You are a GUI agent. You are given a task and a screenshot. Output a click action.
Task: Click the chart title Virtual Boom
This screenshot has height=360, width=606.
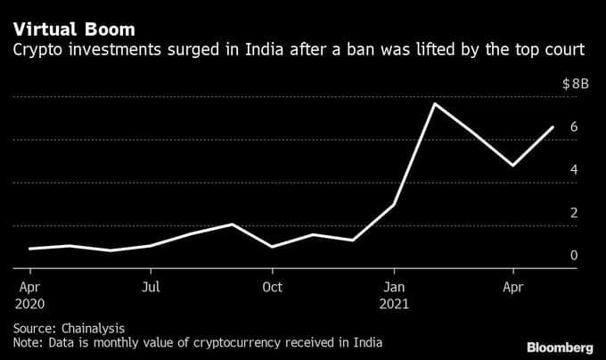[x=74, y=29]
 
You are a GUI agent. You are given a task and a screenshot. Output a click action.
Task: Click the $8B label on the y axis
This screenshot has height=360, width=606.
[x=576, y=84]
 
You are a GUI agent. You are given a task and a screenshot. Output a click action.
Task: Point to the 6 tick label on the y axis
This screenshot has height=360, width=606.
[x=574, y=127]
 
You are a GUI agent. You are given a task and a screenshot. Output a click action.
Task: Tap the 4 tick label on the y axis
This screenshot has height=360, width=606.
[x=574, y=169]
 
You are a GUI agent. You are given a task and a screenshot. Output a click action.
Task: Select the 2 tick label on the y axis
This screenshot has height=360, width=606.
[x=574, y=212]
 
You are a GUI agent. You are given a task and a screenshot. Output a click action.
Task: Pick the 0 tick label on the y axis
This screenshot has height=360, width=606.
[x=574, y=256]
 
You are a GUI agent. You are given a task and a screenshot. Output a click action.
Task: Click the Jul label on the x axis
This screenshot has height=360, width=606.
[x=151, y=287]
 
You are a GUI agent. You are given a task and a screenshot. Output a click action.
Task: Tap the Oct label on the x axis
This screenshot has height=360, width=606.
[x=272, y=287]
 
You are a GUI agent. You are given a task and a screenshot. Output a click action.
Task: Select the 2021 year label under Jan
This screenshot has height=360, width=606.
[x=394, y=304]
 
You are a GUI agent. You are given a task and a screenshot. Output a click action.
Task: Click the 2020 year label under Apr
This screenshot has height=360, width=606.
[x=29, y=304]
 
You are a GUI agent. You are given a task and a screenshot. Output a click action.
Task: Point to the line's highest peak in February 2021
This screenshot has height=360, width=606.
[x=434, y=103]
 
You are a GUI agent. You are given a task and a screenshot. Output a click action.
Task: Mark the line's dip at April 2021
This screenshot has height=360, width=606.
[x=512, y=166]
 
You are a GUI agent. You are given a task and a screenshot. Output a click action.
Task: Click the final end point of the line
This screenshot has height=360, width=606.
[x=553, y=127]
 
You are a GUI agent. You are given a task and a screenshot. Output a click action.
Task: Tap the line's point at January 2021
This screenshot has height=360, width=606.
[x=394, y=204]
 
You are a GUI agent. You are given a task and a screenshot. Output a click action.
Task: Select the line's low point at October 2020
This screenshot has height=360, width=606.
[x=272, y=247]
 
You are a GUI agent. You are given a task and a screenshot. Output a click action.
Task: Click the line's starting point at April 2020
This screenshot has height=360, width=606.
[x=29, y=249]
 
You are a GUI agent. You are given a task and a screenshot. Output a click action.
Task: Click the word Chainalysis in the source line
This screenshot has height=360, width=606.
[x=93, y=329]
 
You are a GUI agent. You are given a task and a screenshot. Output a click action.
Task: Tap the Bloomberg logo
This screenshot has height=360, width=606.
[x=560, y=348]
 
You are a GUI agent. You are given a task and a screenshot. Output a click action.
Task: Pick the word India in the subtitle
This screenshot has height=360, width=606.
[x=265, y=49]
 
